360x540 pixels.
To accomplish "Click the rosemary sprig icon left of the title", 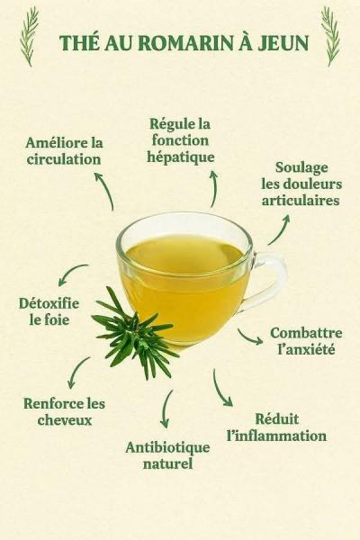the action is pyautogui.click(x=30, y=36).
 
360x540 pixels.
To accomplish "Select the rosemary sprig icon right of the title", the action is pyautogui.click(x=330, y=36).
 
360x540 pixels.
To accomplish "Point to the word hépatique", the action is pyautogui.click(x=181, y=157).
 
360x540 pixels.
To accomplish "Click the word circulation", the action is pyautogui.click(x=64, y=159).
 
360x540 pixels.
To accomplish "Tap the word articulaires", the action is pyautogui.click(x=301, y=200).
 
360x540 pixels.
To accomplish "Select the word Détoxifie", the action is pyautogui.click(x=49, y=303).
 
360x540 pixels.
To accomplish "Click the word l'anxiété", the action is pyautogui.click(x=306, y=349).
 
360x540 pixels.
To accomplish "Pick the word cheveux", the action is pyautogui.click(x=65, y=420).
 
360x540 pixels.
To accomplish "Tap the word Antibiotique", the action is pyautogui.click(x=167, y=447).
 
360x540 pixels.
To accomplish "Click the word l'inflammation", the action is pyautogui.click(x=276, y=436).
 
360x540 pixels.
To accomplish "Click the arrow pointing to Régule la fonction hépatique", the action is pyautogui.click(x=215, y=189).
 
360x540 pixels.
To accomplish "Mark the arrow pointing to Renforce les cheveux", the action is pyautogui.click(x=76, y=371).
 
